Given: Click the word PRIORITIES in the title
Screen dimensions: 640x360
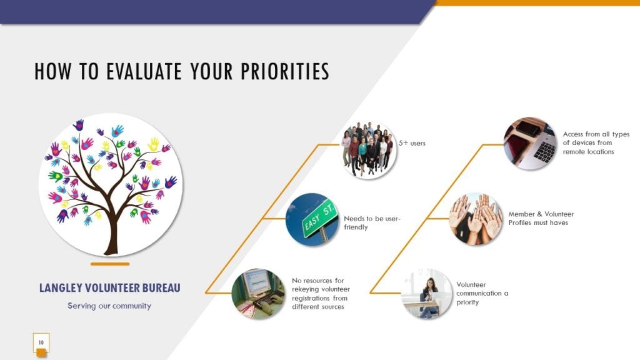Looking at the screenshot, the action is coord(284,71).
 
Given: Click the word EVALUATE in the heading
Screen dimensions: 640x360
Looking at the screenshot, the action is coord(144,71).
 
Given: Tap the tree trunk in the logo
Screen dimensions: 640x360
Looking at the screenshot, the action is coord(111,232).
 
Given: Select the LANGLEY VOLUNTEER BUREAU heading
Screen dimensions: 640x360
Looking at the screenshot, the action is coord(110,287).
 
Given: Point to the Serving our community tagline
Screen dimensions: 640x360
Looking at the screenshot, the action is coord(109,306).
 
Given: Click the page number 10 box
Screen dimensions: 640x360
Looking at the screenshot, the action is coord(41,343).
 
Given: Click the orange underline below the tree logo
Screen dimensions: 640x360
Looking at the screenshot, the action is coord(110,264).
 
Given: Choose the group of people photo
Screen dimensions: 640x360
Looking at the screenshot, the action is coord(369,150).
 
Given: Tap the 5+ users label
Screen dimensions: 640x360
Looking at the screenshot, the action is coord(412,143).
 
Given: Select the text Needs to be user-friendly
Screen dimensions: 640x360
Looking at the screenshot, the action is coord(372,223).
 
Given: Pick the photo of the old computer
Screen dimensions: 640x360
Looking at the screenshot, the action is coord(258,294).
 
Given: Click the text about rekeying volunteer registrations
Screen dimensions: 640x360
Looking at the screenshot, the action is coord(321,294).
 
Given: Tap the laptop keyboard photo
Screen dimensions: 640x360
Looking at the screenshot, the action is coord(530,144).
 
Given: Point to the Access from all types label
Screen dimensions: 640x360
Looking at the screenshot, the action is coord(596,143).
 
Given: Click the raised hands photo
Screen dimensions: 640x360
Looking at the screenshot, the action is coord(476,219).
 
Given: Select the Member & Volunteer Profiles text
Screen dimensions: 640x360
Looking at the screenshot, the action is coord(541,218).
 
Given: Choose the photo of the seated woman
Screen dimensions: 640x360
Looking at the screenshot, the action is coord(427,294).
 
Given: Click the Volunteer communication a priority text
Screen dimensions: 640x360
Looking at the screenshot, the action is coord(482,294).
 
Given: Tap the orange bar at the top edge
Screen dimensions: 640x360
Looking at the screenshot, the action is coord(537,3).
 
